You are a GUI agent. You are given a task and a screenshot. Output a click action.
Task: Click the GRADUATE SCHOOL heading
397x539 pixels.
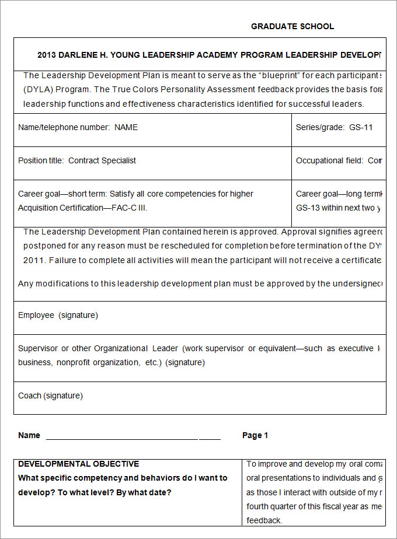(x=292, y=26)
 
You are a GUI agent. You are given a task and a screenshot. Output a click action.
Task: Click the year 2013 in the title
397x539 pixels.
(x=47, y=55)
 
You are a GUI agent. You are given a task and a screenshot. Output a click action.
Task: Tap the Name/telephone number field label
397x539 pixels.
(x=64, y=127)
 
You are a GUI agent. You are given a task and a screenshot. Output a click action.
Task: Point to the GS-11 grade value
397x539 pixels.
(x=361, y=127)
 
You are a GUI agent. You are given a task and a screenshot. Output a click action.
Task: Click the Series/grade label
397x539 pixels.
(x=320, y=127)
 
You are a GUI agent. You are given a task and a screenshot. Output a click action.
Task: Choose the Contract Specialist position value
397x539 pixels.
(x=102, y=160)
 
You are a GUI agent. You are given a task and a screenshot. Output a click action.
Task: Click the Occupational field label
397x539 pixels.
(x=329, y=160)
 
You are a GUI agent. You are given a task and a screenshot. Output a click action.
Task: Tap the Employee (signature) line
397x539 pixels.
(x=58, y=315)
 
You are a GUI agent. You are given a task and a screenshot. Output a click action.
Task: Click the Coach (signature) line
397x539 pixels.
(x=50, y=395)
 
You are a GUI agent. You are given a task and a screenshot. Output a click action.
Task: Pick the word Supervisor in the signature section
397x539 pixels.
(x=37, y=348)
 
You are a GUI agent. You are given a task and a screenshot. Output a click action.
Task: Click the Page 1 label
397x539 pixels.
(x=255, y=435)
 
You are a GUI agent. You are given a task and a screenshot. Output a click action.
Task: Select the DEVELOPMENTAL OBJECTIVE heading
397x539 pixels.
(x=78, y=464)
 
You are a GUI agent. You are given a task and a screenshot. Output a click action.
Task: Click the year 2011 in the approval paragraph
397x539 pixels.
(x=33, y=260)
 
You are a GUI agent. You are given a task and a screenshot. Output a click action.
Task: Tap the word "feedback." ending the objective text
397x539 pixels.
(x=264, y=520)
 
